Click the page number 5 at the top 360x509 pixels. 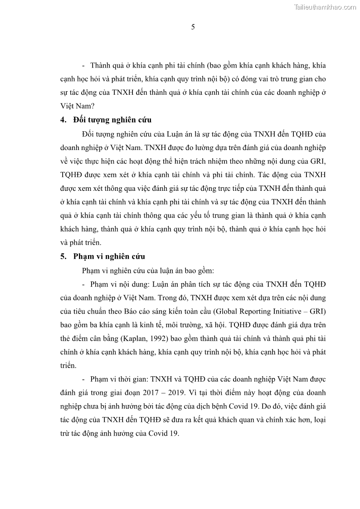click(x=193, y=27)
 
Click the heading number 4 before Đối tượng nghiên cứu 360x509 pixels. click(x=63, y=120)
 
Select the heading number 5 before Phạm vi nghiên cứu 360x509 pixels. click(x=63, y=257)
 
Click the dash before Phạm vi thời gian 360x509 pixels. click(x=84, y=379)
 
